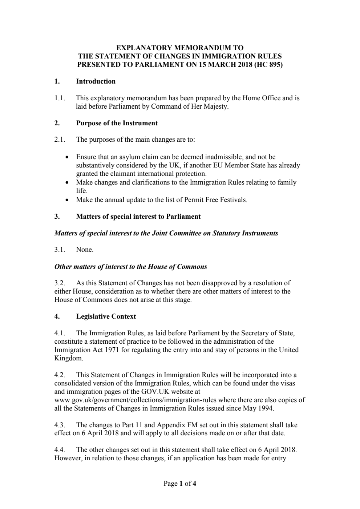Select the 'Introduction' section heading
tap(96, 81)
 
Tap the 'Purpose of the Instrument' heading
tap(117, 123)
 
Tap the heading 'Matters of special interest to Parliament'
tap(138, 217)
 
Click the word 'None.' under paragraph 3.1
tap(85, 250)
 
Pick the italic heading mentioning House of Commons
tap(130, 267)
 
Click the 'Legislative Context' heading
tap(106, 316)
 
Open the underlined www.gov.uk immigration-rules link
tap(135, 400)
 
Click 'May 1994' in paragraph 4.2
tap(261, 408)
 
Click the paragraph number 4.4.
tap(60, 450)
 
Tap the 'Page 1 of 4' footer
tap(180, 484)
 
